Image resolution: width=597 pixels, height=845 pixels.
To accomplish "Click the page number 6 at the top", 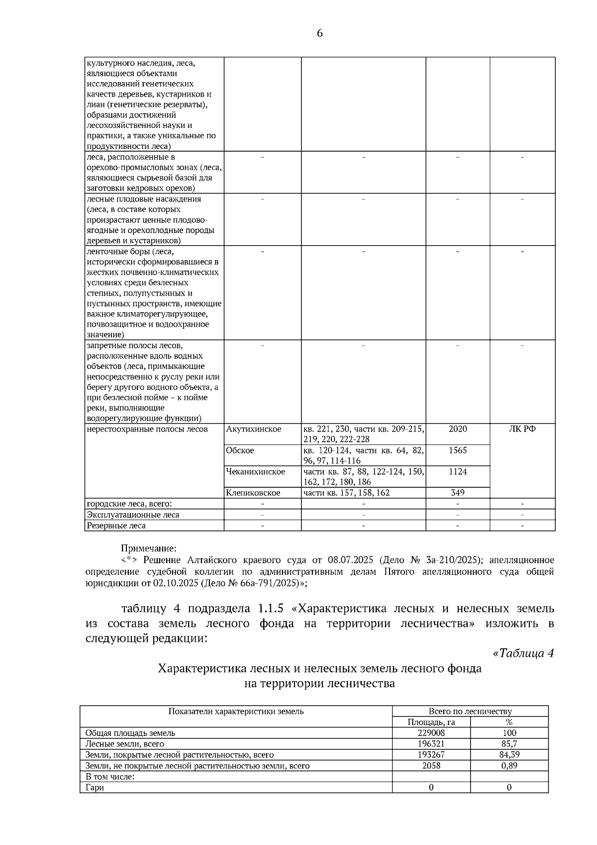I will (319, 33).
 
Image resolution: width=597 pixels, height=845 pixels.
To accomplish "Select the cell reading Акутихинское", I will (253, 429).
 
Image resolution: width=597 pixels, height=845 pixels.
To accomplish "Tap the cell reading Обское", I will (240, 450).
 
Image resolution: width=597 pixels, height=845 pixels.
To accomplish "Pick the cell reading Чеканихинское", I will (255, 472).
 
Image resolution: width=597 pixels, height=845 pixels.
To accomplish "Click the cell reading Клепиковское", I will (253, 492).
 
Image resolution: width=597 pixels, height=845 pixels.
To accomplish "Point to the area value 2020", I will (458, 429).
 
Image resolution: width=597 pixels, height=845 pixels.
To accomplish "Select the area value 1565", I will (458, 450).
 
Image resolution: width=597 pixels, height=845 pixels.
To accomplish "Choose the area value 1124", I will (458, 472).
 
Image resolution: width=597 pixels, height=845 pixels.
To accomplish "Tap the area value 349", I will (458, 492).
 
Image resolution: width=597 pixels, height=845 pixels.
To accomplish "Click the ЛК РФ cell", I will (522, 429).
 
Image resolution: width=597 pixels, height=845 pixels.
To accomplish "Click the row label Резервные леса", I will (116, 525).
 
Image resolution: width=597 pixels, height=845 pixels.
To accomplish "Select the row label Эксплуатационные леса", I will (133, 515).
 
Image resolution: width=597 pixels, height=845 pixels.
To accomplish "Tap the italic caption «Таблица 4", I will (523, 653).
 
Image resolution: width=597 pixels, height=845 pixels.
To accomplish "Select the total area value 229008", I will (431, 733).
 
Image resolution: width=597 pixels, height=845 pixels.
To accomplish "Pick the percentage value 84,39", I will (509, 754).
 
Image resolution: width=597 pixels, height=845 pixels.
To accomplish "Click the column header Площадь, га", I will (431, 722).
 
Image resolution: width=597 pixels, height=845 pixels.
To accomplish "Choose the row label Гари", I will (95, 787).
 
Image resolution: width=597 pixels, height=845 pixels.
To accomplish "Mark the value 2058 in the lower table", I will (431, 765).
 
